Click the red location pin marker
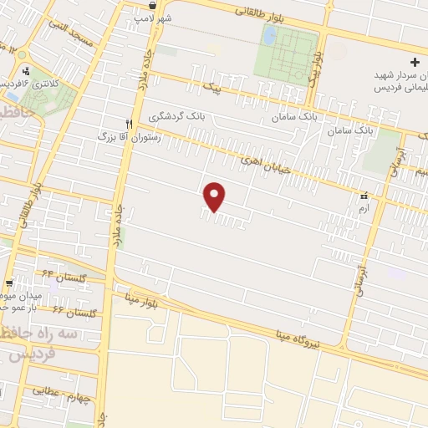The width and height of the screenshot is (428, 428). pyautogui.click(x=216, y=196)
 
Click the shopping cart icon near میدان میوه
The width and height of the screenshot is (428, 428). pyautogui.click(x=8, y=283)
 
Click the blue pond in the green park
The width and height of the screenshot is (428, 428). pyautogui.click(x=269, y=34)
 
